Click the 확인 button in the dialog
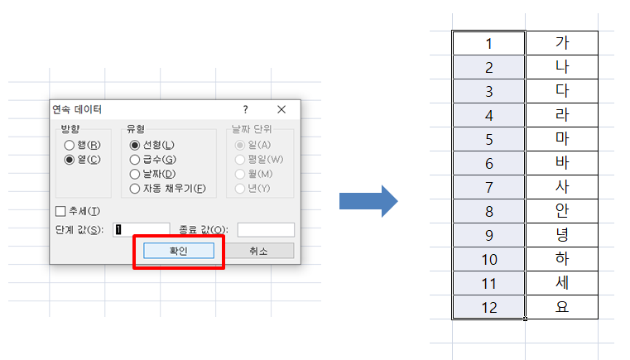click(x=179, y=250)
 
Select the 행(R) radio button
click(x=70, y=146)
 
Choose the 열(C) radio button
click(x=70, y=160)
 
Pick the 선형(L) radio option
click(x=135, y=146)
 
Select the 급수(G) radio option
click(x=135, y=160)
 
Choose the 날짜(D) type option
click(x=135, y=174)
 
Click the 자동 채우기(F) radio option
click(x=135, y=188)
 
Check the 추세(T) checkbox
click(x=60, y=211)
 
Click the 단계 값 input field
click(x=141, y=229)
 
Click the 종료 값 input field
click(x=266, y=229)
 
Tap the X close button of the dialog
click(x=281, y=109)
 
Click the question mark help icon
click(x=245, y=109)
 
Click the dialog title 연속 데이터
click(x=78, y=109)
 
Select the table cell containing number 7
click(x=488, y=187)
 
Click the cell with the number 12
click(x=488, y=307)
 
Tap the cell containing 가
click(x=561, y=43)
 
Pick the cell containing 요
click(x=561, y=307)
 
